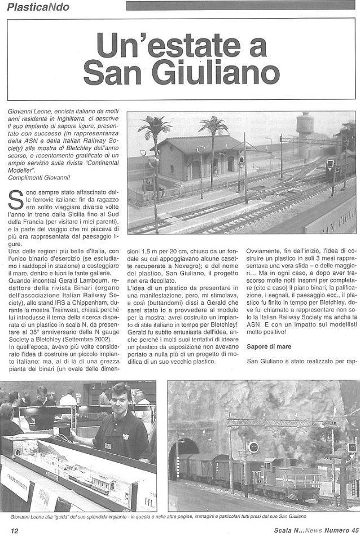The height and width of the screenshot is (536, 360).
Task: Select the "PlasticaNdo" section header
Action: coord(36,7)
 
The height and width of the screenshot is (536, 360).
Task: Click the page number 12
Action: coord(14,530)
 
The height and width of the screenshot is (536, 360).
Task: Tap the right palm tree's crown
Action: coord(213,124)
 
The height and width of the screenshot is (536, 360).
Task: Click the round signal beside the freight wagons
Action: coord(253,447)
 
